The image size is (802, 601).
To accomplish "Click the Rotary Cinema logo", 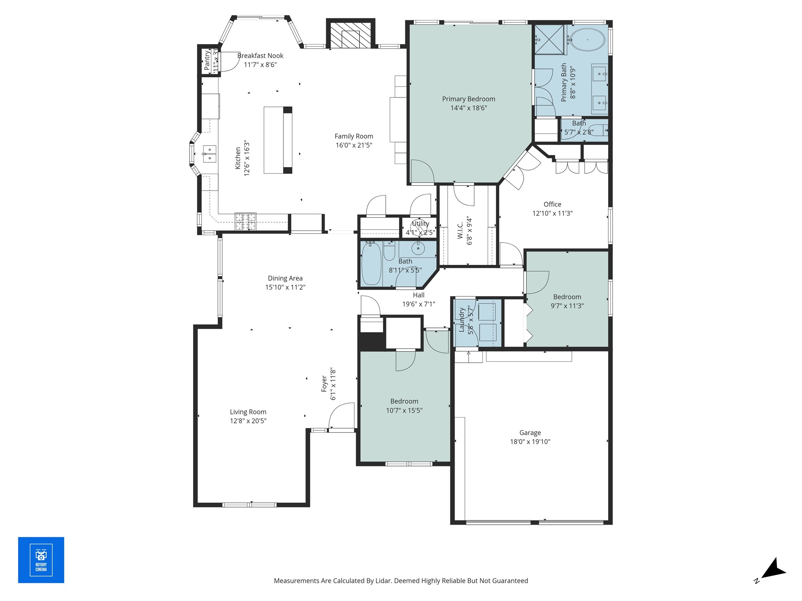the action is [41, 560].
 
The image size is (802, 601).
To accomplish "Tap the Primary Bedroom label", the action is [469, 99].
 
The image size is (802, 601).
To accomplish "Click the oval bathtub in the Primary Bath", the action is [587, 40].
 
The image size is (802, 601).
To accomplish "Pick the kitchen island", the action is [278, 140].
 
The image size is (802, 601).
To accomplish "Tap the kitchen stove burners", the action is [246, 221].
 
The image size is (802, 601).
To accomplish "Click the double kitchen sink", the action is [210, 154].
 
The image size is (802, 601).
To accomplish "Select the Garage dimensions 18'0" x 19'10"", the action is [530, 442].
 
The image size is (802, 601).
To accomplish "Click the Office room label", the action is [552, 204].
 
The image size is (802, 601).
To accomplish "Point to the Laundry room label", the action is [461, 320].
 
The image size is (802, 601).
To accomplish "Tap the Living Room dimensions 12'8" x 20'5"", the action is [248, 421].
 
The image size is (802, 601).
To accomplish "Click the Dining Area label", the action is [285, 278].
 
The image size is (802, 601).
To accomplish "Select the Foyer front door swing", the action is [341, 416].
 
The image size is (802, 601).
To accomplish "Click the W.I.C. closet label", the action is [460, 230].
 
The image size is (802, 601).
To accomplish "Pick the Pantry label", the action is [207, 60].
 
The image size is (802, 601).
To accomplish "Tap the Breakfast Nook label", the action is [260, 56].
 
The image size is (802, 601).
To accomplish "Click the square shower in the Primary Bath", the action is [550, 40].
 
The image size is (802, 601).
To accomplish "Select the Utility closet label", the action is [420, 223].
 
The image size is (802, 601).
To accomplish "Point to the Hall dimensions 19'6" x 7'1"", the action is [419, 304].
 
